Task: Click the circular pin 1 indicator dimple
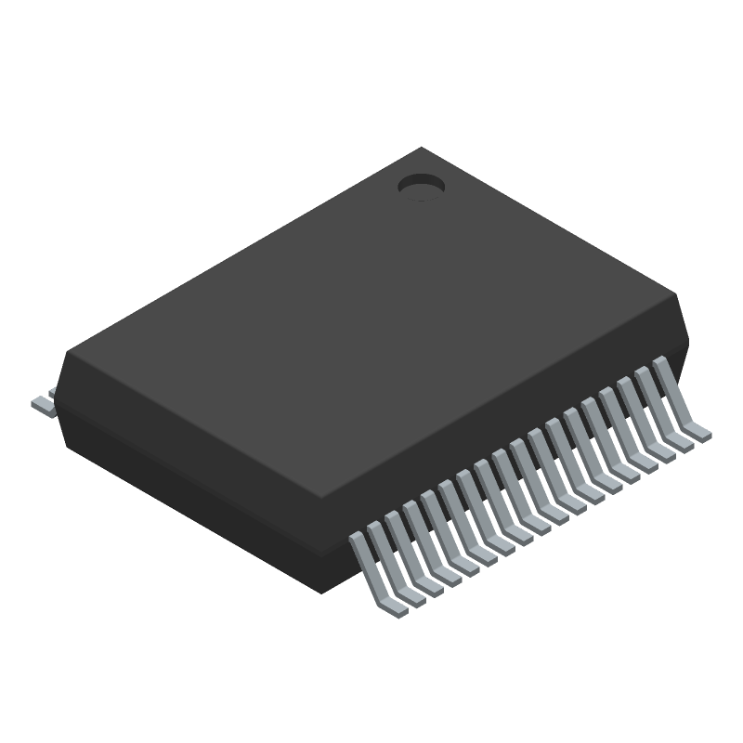point(422,187)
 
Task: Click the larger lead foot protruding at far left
point(43,405)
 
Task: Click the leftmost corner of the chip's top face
point(66,351)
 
